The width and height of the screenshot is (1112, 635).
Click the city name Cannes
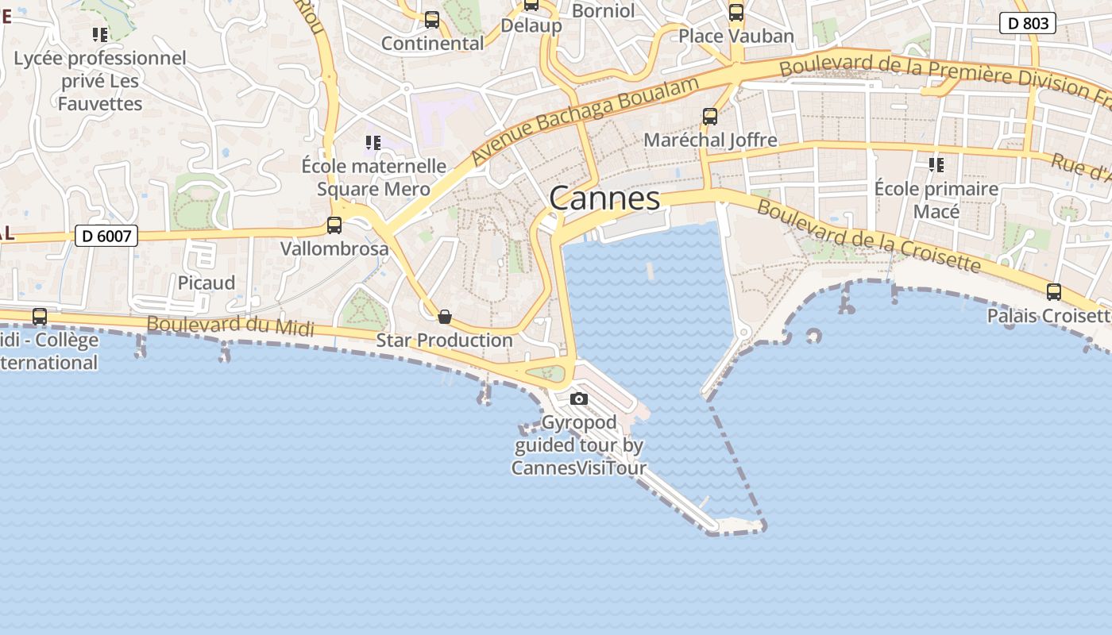[x=604, y=198]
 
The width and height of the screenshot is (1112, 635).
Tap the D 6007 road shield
[x=106, y=236]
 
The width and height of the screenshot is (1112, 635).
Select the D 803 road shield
[x=1028, y=24]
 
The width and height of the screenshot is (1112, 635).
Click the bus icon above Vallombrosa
[x=334, y=225]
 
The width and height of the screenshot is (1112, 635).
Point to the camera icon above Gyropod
[x=579, y=398]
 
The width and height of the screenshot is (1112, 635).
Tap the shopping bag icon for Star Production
[x=445, y=317]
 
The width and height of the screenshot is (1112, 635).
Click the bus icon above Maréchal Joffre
[x=710, y=117]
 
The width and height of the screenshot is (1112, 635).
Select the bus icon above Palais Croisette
[x=1054, y=292]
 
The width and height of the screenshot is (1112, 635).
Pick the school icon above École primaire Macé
[x=936, y=165]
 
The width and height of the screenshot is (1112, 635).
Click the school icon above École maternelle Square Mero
[x=373, y=143]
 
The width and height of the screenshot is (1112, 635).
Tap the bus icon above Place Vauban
[x=736, y=13]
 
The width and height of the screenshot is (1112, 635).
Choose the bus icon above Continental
[x=432, y=20]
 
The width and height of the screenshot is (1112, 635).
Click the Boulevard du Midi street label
[x=230, y=326]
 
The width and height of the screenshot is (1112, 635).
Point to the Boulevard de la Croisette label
[x=869, y=236]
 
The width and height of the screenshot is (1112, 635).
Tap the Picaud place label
[x=207, y=283]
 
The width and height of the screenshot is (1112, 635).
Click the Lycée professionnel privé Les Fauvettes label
[x=100, y=81]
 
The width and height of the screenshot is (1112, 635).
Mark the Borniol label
[x=603, y=11]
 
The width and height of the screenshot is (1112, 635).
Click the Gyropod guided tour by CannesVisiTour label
[x=579, y=445]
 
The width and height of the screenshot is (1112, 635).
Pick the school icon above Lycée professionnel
[x=100, y=35]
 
